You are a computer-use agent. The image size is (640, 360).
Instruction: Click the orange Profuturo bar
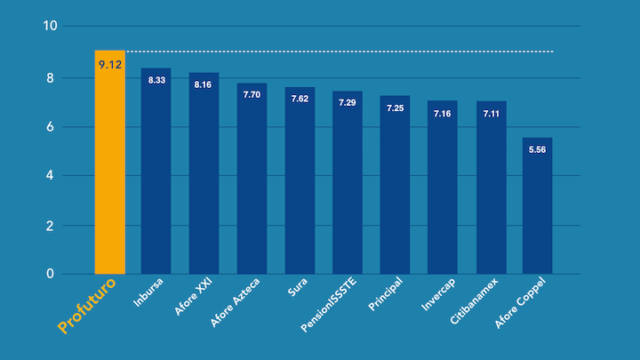click(x=109, y=164)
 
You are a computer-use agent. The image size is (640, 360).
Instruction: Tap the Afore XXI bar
click(x=204, y=178)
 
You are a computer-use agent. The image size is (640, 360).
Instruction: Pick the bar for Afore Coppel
click(x=538, y=209)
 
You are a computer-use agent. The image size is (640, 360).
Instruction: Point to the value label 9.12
click(x=110, y=64)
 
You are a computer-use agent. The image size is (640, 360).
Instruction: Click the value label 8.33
click(x=156, y=80)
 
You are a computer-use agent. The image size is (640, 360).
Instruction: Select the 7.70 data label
click(x=252, y=94)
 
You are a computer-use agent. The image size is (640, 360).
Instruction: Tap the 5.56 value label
click(x=538, y=149)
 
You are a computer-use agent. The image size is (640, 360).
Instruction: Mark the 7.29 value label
click(x=348, y=103)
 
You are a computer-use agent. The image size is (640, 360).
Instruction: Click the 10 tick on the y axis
click(x=51, y=26)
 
